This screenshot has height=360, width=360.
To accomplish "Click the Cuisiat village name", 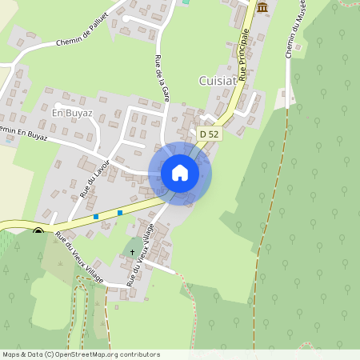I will click(218, 80).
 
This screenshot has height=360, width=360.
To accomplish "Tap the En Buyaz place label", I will click(72, 113).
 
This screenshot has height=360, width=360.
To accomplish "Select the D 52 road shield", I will click(210, 134).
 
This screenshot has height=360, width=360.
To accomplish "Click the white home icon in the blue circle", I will click(180, 173).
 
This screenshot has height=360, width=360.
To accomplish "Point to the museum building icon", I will click(262, 7).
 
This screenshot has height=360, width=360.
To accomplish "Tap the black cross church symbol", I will click(133, 253).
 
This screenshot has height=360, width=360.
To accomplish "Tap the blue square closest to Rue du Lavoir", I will click(96, 216).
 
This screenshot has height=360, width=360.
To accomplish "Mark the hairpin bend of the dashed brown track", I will click(81, 280).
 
